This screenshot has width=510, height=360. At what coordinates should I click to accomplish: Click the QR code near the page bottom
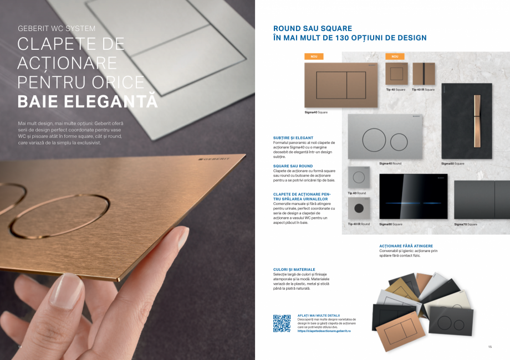point(282,323)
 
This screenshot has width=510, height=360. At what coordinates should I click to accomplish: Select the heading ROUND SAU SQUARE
point(313,28)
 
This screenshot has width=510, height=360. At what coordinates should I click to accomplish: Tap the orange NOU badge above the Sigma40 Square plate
point(314,56)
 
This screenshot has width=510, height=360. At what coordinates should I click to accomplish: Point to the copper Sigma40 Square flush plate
point(341,85)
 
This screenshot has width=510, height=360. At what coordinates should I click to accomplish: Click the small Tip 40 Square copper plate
point(396,74)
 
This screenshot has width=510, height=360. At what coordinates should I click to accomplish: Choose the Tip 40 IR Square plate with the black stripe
point(424,74)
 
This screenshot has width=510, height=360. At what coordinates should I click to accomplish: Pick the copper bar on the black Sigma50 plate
point(477,113)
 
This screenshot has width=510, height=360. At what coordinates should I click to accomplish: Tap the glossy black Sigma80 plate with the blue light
point(414,196)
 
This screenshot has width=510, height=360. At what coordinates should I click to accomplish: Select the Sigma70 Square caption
point(465,224)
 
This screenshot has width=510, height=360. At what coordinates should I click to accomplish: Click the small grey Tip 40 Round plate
point(359,177)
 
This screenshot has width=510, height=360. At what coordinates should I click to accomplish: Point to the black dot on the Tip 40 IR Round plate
point(359,209)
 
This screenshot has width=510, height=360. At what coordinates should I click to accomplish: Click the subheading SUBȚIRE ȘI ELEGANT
point(293,137)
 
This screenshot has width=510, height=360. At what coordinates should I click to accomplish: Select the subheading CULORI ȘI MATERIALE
point(294,270)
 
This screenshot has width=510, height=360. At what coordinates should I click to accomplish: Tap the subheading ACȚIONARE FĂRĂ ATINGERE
point(406,245)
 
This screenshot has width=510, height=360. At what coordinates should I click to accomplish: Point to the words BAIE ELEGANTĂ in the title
point(88,102)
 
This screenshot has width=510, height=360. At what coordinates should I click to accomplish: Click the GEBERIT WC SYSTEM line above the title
point(57,28)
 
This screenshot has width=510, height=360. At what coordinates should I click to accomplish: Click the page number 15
point(490,347)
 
